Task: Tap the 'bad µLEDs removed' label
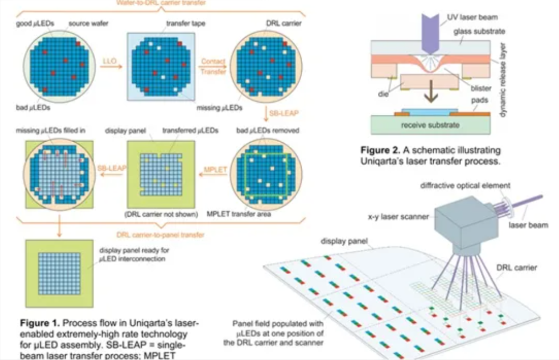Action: point(267,130)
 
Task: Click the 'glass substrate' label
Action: point(479,32)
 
